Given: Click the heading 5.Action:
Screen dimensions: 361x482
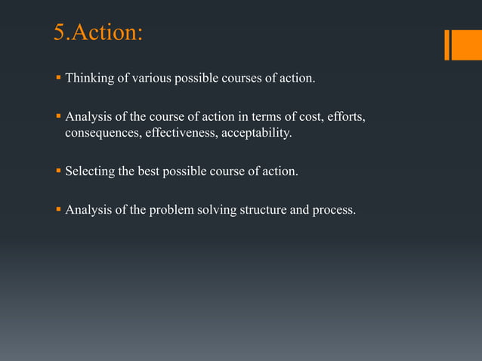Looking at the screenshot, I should point(97,33).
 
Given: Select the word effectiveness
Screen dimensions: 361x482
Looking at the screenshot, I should point(181,134).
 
